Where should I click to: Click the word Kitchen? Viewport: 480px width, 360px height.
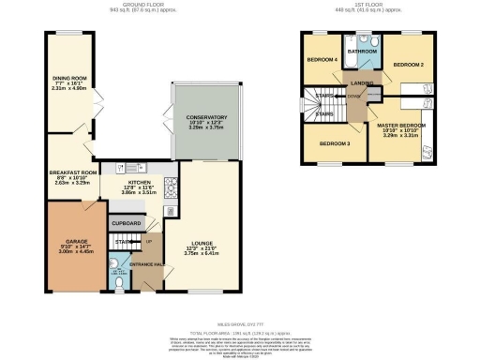click(x=138, y=185)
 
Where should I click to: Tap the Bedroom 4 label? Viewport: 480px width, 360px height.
click(x=321, y=59)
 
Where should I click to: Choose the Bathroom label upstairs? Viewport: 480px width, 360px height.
click(x=363, y=52)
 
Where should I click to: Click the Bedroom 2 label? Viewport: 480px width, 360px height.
click(x=409, y=64)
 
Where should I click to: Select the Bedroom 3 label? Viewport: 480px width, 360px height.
click(x=334, y=143)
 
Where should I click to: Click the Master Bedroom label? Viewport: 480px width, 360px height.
click(x=400, y=125)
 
